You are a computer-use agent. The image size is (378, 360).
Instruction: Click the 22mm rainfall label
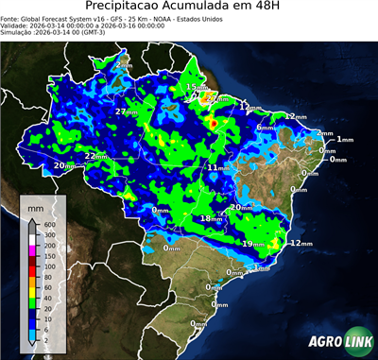(96, 156)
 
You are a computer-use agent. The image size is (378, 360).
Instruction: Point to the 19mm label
(252, 244)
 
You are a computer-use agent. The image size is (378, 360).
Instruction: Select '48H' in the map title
(275, 8)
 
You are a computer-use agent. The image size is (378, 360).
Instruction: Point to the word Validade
(18, 27)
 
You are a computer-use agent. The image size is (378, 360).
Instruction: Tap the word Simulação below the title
(20, 35)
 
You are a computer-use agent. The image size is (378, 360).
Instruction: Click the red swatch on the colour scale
(32, 267)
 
